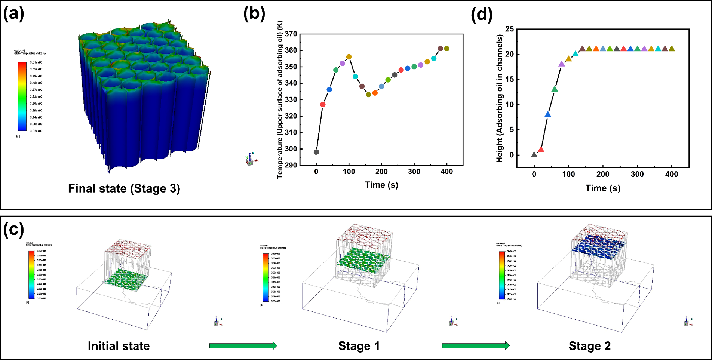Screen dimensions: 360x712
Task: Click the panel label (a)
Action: tap(14, 14)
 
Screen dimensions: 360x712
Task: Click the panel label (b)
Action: tap(254, 14)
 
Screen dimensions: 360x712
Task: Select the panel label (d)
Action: tap(482, 14)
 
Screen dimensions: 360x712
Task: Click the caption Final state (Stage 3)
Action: tap(124, 188)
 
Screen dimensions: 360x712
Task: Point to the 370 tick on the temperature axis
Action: tap(291, 34)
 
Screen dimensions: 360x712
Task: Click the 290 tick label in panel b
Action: tap(291, 165)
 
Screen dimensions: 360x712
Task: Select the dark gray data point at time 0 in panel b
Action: tap(316, 152)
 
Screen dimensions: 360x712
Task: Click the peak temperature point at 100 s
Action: tap(349, 57)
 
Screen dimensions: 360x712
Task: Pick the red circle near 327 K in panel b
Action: tap(323, 104)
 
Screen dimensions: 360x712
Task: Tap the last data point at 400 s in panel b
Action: tap(447, 49)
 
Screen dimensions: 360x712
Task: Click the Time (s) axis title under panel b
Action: tap(381, 185)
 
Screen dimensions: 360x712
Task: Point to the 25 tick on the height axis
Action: tap(510, 29)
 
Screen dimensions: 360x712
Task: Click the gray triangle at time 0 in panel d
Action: tap(534, 154)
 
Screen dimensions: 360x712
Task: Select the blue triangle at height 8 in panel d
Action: tap(548, 114)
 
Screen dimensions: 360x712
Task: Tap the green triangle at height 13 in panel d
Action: tap(555, 89)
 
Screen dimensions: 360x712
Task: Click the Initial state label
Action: tap(119, 346)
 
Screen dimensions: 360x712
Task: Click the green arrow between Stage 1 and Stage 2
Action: tap(476, 346)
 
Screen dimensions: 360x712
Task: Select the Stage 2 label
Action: tap(590, 346)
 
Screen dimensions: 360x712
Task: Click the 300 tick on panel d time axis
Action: tap(637, 174)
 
